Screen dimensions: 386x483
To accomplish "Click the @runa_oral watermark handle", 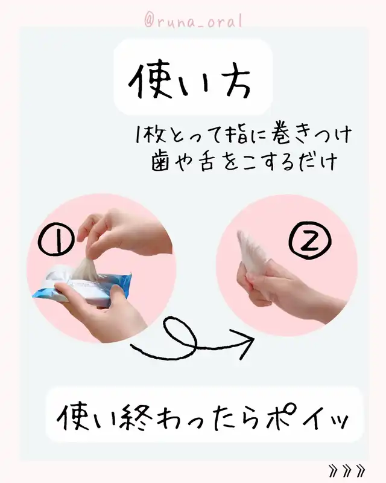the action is pyautogui.click(x=193, y=21).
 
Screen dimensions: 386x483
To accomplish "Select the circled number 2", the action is pyautogui.click(x=309, y=240).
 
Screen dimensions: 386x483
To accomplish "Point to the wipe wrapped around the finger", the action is pyautogui.click(x=250, y=254).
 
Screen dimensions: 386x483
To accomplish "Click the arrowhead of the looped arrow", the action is pyautogui.click(x=243, y=341).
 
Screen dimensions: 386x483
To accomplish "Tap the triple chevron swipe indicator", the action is pyautogui.click(x=347, y=470).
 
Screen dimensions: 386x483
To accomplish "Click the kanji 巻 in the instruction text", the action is pyautogui.click(x=280, y=135).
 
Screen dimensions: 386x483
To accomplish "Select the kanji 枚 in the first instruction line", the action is pyautogui.click(x=154, y=135).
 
